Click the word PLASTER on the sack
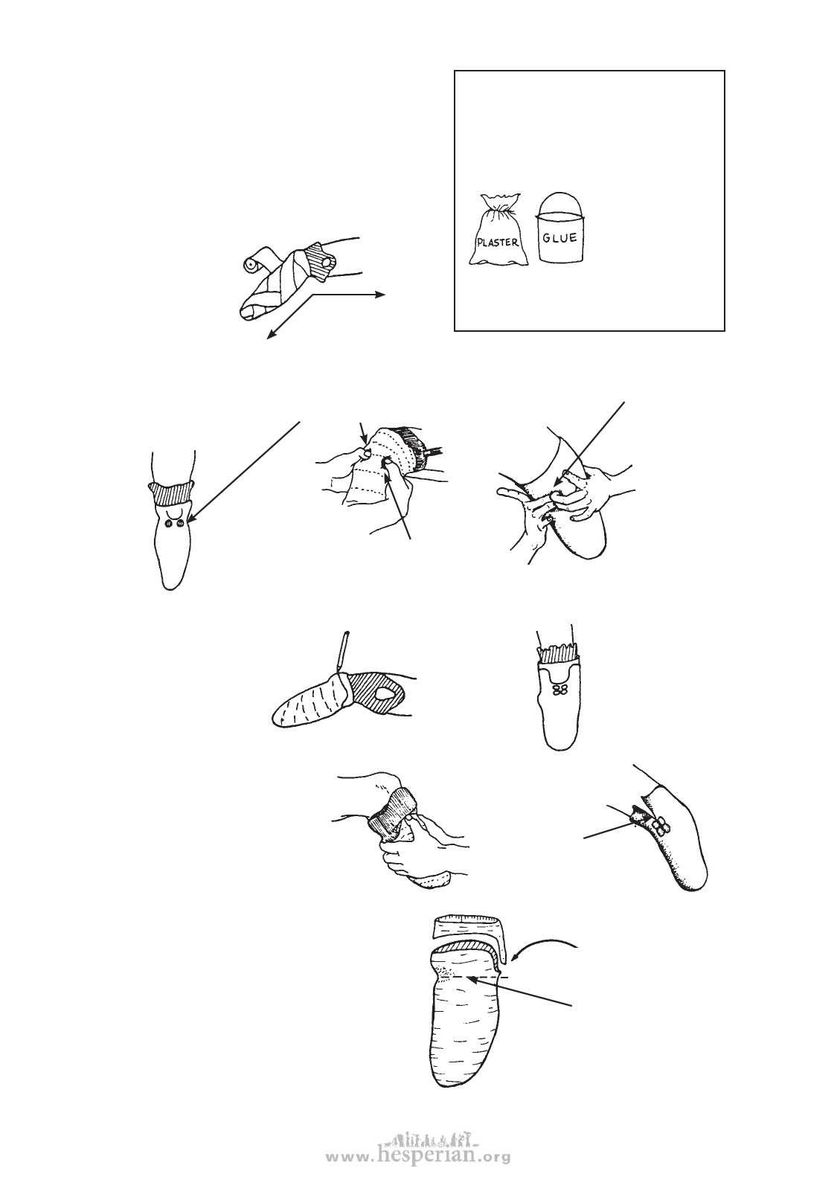point(498,242)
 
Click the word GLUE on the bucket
point(559,237)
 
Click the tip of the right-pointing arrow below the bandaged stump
point(385,295)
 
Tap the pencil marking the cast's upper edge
point(342,652)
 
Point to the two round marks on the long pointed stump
point(174,524)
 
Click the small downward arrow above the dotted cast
point(364,434)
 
